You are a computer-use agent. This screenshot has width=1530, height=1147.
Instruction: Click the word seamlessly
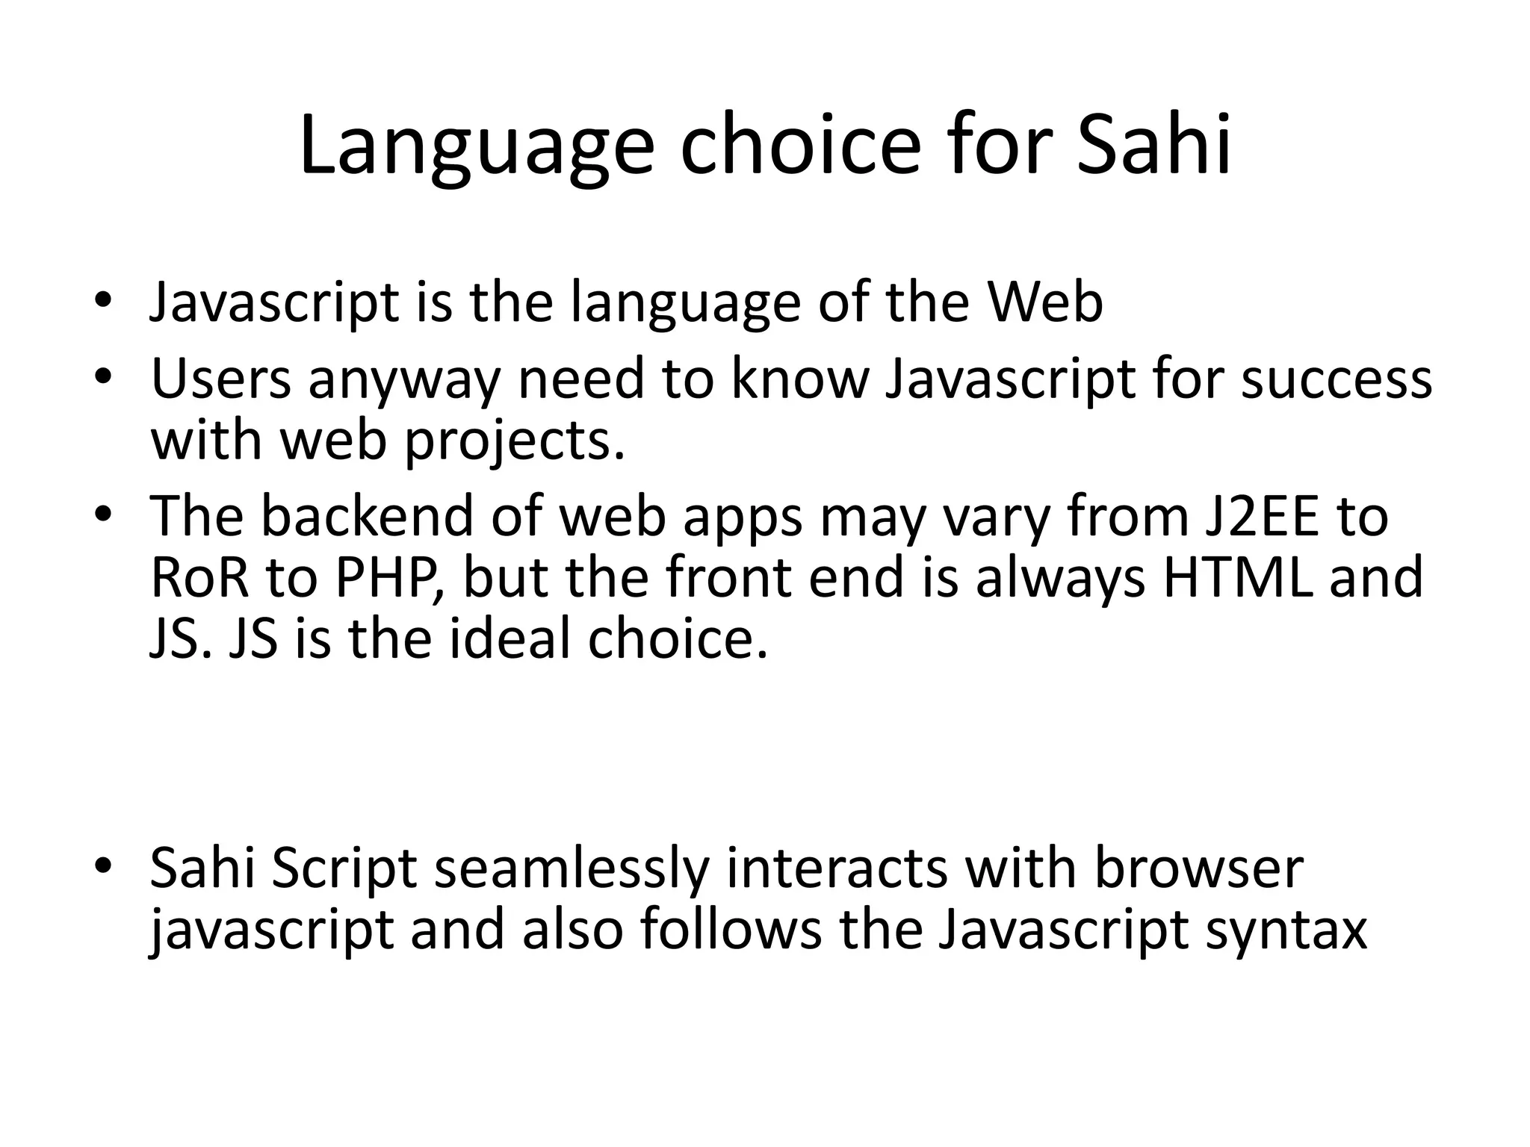click(571, 869)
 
